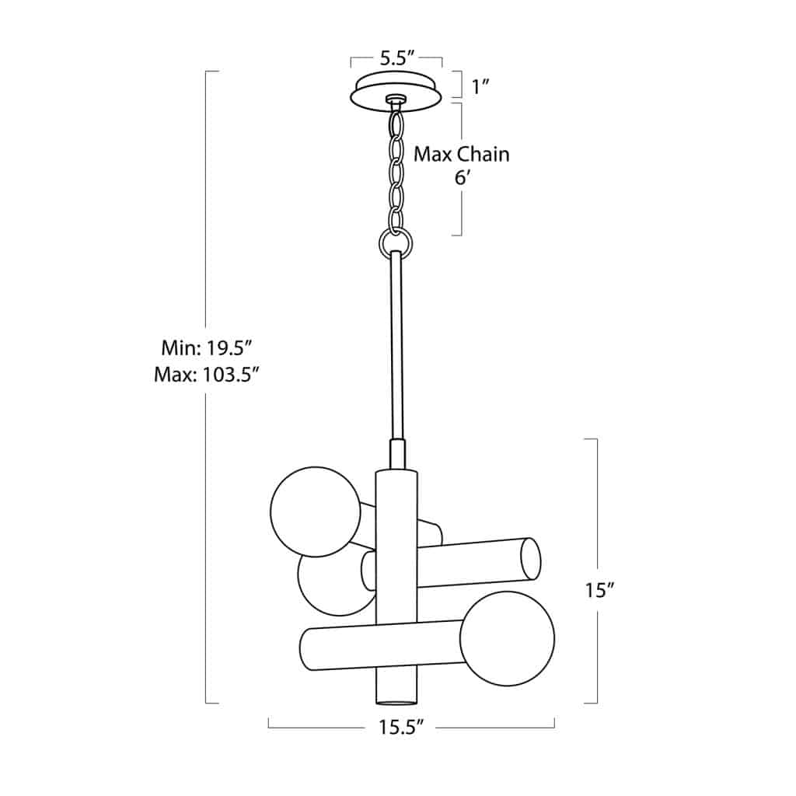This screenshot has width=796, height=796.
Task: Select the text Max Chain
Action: click(461, 154)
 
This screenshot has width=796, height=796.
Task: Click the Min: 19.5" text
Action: click(204, 347)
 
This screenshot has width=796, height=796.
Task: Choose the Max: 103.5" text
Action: click(206, 375)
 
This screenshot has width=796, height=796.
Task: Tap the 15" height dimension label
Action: click(599, 590)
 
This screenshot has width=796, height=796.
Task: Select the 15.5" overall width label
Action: click(400, 728)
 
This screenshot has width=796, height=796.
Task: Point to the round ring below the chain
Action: click(396, 243)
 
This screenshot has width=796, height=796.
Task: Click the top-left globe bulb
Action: click(316, 511)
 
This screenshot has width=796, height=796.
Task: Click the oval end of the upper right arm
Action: click(529, 558)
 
